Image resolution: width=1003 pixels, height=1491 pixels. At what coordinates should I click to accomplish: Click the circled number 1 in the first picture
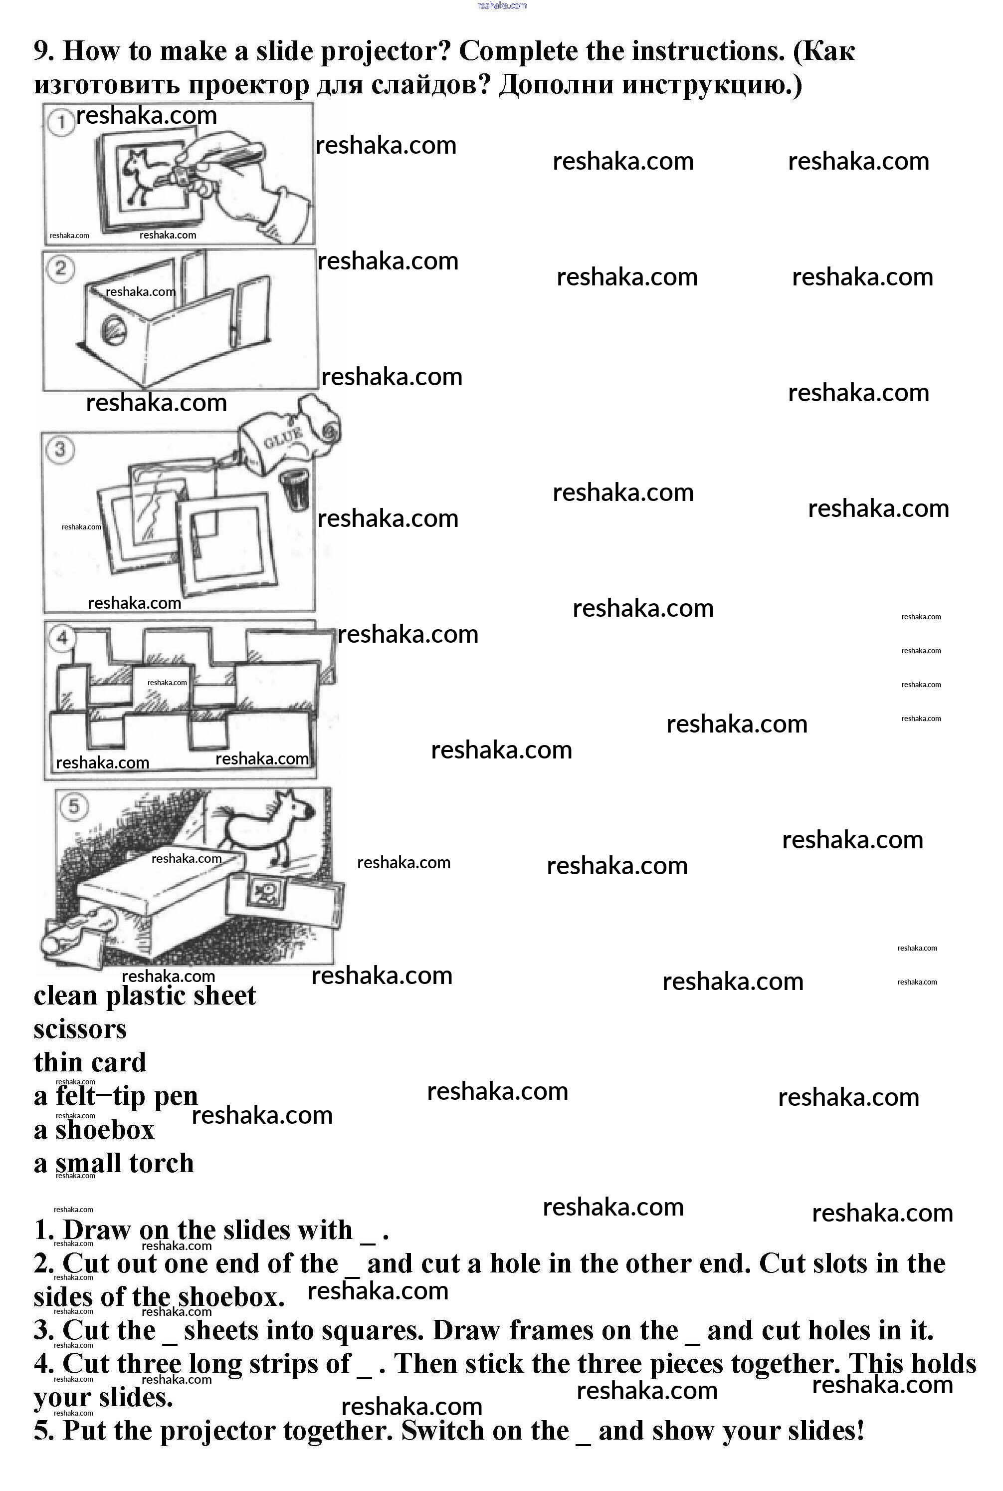61,122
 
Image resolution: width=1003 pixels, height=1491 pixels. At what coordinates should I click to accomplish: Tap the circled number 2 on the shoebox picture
61,267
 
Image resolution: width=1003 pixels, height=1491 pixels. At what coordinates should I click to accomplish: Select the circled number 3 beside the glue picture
60,449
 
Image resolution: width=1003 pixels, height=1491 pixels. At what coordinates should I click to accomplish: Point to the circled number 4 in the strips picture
62,637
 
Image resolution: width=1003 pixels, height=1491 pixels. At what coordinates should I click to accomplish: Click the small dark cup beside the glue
295,490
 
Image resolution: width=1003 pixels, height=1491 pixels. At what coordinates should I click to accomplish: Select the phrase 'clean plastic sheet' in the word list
145,995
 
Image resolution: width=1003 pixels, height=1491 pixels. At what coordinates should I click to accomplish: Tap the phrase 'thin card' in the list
90,1062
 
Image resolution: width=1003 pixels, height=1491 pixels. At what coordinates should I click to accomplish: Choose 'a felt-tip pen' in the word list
116,1096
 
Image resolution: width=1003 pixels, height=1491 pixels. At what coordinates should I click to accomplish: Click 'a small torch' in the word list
114,1163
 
